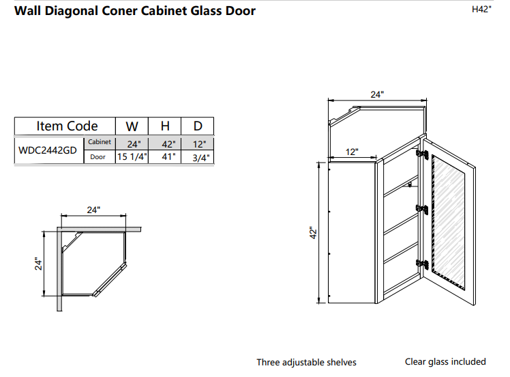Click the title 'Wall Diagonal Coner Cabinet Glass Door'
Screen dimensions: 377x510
click(x=135, y=11)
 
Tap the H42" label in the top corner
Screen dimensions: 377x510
click(x=481, y=10)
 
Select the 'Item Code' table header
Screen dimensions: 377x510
click(x=66, y=126)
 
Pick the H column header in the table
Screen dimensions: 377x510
click(x=164, y=126)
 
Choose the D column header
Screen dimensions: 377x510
click(x=197, y=126)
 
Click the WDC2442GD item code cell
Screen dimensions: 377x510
click(x=48, y=151)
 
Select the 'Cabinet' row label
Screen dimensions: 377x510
click(x=100, y=142)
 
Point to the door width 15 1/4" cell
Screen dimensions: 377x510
click(x=132, y=157)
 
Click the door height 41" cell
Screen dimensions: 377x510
click(x=168, y=157)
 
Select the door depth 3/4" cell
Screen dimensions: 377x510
click(x=200, y=157)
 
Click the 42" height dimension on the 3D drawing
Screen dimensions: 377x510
click(x=312, y=234)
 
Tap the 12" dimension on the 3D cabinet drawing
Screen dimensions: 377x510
click(x=351, y=152)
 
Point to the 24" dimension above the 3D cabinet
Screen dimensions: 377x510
click(x=377, y=95)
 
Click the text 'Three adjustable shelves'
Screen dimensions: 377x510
click(x=306, y=362)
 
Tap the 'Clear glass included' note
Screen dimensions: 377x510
click(x=445, y=361)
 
